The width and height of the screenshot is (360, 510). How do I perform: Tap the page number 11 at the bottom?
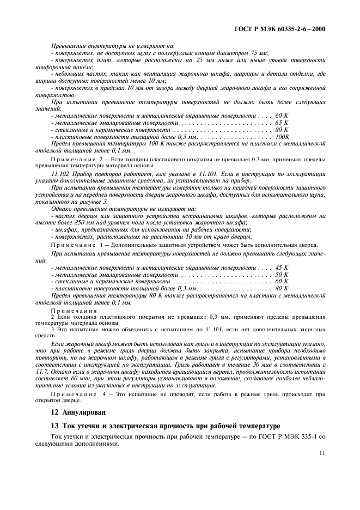[x=322, y=452]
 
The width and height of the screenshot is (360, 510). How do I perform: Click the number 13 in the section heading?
[x=54, y=425]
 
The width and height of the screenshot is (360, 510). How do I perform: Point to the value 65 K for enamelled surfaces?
[x=282, y=123]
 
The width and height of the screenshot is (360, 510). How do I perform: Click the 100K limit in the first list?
[x=282, y=137]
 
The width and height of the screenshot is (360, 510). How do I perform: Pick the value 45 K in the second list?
[x=282, y=268]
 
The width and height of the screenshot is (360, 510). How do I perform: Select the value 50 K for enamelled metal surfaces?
[x=282, y=275]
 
